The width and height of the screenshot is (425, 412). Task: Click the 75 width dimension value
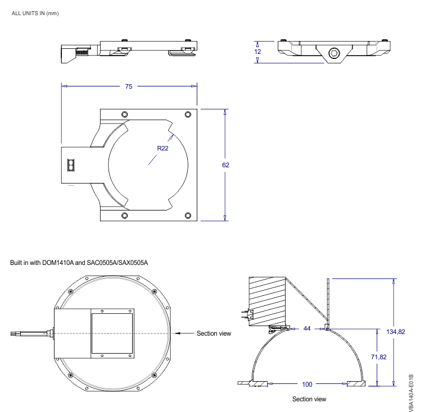(x=129, y=86)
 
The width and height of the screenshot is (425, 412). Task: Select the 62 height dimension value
(x=225, y=165)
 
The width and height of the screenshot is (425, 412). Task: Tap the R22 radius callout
(x=162, y=148)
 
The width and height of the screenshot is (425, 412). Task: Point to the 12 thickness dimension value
(x=257, y=52)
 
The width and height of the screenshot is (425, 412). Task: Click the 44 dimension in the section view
(x=307, y=328)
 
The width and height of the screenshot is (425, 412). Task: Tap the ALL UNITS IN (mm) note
(x=35, y=13)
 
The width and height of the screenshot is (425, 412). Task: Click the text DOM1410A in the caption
(x=57, y=263)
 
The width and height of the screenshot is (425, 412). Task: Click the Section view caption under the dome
(x=309, y=400)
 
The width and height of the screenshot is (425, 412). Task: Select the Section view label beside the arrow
(x=214, y=333)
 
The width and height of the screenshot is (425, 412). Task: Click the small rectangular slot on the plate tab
(x=70, y=165)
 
